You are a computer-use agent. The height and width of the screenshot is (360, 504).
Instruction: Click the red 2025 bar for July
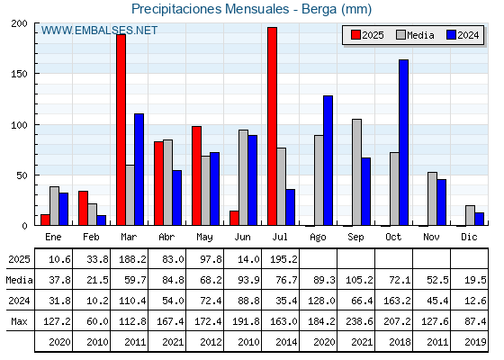[x=272, y=126]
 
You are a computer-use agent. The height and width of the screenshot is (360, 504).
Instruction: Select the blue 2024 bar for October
[x=404, y=142]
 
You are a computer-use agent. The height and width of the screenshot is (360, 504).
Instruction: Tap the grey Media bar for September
[x=356, y=172]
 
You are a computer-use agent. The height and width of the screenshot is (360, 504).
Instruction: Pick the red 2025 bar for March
[x=121, y=130]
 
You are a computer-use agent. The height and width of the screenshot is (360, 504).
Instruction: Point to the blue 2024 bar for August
[x=328, y=160]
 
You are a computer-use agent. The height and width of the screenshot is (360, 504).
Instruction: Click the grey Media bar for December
[x=470, y=215]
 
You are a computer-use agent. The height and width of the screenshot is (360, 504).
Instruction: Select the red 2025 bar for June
[x=234, y=218]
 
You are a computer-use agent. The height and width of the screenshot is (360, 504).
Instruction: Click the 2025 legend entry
[x=367, y=35]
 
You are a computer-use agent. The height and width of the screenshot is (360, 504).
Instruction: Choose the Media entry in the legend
[x=415, y=35]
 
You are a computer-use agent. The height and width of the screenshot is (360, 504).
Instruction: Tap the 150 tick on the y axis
[x=20, y=74]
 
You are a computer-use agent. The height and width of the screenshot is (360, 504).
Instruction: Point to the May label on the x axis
[x=204, y=238]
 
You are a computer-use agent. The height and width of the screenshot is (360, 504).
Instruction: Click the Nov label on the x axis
[x=431, y=237]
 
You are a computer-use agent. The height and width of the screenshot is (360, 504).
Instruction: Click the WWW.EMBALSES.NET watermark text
[x=99, y=31]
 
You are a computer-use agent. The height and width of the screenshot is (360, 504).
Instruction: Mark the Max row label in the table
[x=19, y=321]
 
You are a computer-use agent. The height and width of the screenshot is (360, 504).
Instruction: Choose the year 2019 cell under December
[x=475, y=342]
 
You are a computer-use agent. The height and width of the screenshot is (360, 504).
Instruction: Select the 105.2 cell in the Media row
[x=359, y=280]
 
